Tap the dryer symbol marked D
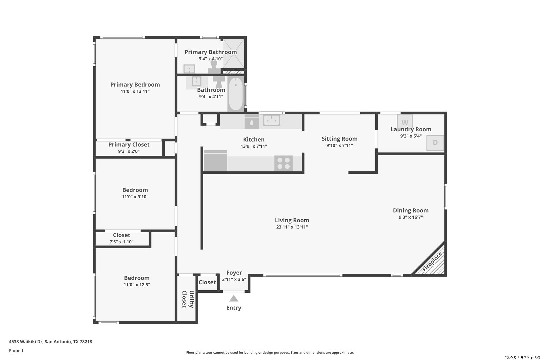coord(435,143)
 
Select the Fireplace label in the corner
coord(432,262)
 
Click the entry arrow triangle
coord(234,299)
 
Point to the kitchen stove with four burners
coord(283,163)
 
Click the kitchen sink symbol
coord(271,120)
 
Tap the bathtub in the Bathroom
coord(236,94)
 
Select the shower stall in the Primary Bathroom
coord(234,53)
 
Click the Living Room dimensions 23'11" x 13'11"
coord(292,227)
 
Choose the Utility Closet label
coord(188,299)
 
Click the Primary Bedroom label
coord(135,85)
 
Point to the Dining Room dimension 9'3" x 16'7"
coord(411,217)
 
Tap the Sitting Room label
coord(339,139)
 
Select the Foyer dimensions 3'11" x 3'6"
coord(234,279)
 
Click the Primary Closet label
coord(129,145)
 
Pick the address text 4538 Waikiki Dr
coord(26,341)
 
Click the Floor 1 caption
coord(16,351)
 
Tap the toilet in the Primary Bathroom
coord(214,67)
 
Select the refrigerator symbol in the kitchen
coord(215,161)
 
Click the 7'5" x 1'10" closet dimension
coord(121,242)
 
